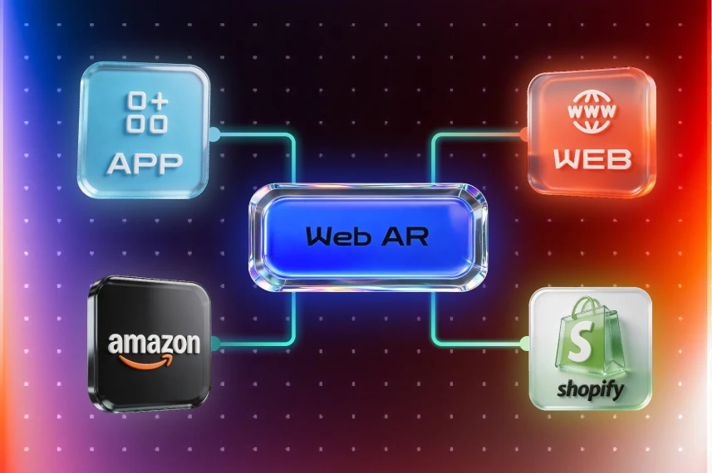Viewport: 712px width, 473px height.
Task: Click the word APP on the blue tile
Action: tap(145, 163)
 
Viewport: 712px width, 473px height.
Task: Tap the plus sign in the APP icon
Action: tap(158, 102)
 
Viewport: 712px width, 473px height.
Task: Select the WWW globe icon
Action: tap(592, 111)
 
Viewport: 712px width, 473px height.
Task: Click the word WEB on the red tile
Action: tap(592, 159)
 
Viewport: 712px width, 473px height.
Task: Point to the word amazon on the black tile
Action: tap(154, 344)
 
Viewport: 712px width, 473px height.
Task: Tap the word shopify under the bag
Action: tap(591, 389)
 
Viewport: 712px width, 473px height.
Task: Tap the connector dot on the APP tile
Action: tap(214, 134)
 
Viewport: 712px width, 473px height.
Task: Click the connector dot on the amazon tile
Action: tap(214, 344)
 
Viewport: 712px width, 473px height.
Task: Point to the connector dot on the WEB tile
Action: tap(524, 134)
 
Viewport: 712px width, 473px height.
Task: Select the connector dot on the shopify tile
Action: tap(525, 343)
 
